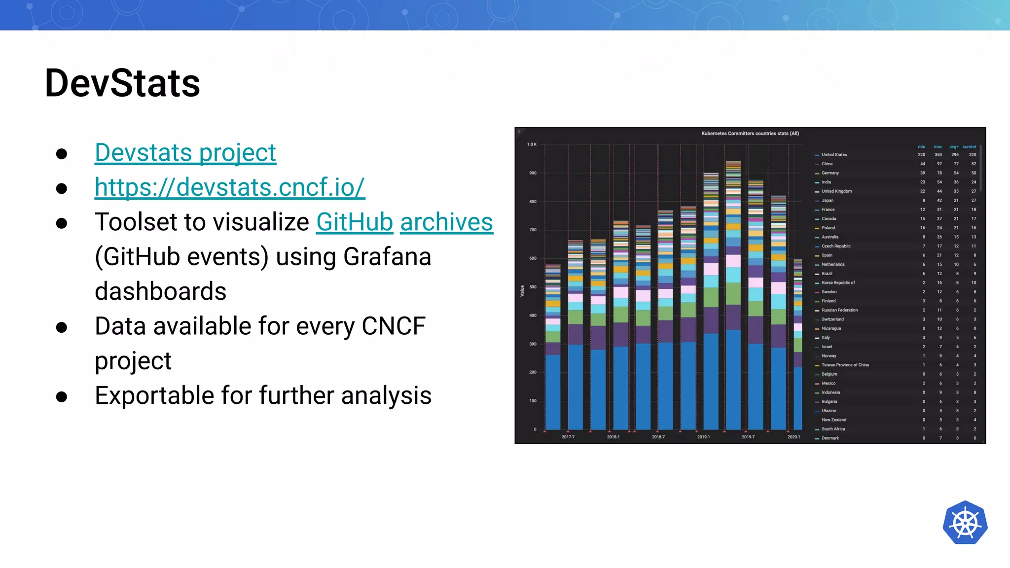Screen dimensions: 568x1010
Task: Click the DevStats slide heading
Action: pyautogui.click(x=122, y=83)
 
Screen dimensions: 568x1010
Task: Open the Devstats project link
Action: pyautogui.click(x=185, y=152)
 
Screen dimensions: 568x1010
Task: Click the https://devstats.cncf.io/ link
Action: pyautogui.click(x=230, y=187)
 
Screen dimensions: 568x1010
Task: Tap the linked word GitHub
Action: pyautogui.click(x=354, y=222)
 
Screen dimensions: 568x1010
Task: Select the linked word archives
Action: pyautogui.click(x=446, y=222)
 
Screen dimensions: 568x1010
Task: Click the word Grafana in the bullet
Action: pyautogui.click(x=387, y=257)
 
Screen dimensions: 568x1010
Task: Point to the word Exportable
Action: pyautogui.click(x=172, y=395)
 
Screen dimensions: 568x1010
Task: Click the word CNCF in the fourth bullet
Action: pyautogui.click(x=393, y=326)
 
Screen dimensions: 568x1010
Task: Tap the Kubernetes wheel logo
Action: pyautogui.click(x=965, y=523)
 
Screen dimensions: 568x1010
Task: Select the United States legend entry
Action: pyautogui.click(x=834, y=155)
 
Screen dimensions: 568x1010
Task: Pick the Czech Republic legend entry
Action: pyautogui.click(x=836, y=246)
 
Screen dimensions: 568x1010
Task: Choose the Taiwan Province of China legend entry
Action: pyautogui.click(x=845, y=365)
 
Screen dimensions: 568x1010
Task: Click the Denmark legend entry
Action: pyautogui.click(x=830, y=438)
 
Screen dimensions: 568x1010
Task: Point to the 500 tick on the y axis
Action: pyautogui.click(x=533, y=287)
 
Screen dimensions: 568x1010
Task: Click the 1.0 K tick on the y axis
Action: pyautogui.click(x=532, y=144)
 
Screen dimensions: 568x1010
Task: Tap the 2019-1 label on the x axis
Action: pyautogui.click(x=703, y=437)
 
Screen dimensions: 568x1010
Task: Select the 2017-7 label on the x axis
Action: pyautogui.click(x=568, y=437)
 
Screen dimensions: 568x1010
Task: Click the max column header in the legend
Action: pyautogui.click(x=938, y=147)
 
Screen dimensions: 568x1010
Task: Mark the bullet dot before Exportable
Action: pyautogui.click(x=62, y=396)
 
